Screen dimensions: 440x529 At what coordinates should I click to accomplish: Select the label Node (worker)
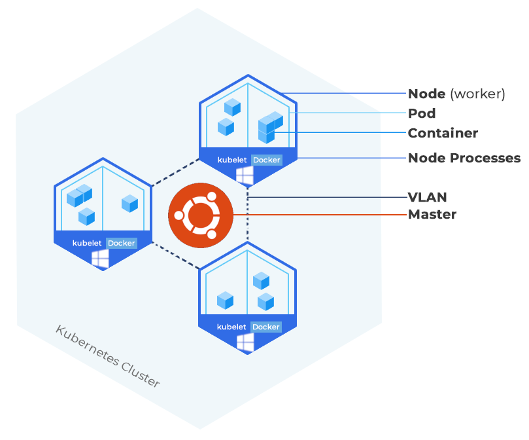(456, 94)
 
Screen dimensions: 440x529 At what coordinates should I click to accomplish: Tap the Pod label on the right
(422, 113)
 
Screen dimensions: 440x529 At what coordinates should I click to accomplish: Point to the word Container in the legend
(443, 133)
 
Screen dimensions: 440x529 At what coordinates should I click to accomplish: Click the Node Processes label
(464, 158)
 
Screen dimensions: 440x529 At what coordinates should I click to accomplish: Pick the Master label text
(432, 214)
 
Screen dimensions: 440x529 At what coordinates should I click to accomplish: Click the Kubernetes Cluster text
(108, 356)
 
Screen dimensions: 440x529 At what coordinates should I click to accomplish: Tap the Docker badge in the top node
(266, 160)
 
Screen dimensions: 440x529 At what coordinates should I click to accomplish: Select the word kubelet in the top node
(232, 160)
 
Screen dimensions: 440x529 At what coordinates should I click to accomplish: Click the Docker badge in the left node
(121, 243)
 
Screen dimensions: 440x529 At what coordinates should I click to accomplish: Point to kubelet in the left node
(87, 243)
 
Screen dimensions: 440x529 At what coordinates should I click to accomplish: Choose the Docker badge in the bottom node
(266, 327)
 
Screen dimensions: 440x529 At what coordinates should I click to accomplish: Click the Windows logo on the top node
(245, 175)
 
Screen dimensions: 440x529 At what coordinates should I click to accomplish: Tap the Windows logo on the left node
(100, 259)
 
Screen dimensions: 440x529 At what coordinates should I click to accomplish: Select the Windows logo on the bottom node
(245, 342)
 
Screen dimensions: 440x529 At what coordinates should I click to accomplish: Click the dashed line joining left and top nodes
(175, 172)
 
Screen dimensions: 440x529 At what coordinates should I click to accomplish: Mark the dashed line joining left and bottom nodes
(175, 255)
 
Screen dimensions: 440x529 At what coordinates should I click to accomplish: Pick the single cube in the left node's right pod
(130, 203)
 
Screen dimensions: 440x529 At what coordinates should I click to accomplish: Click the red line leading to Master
(314, 215)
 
